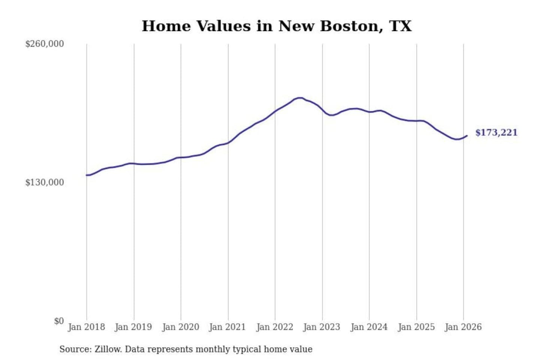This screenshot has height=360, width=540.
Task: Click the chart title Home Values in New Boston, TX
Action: pyautogui.click(x=276, y=26)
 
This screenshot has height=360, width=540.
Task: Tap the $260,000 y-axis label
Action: pyautogui.click(x=45, y=44)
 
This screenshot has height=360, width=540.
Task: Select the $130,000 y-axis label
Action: pyautogui.click(x=45, y=183)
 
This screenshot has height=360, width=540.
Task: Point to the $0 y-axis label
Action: pyautogui.click(x=58, y=321)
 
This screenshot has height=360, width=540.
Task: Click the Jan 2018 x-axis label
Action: pyautogui.click(x=86, y=327)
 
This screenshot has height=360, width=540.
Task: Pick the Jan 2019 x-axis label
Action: pyautogui.click(x=133, y=327)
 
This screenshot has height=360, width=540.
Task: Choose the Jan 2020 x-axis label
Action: pyautogui.click(x=180, y=327)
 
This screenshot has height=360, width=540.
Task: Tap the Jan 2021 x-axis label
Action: pyautogui.click(x=227, y=327)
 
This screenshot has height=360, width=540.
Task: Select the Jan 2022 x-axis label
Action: pyautogui.click(x=274, y=327)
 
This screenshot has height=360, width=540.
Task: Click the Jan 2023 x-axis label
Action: pyautogui.click(x=321, y=327)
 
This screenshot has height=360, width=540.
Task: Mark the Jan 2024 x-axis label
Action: pyautogui.click(x=369, y=327)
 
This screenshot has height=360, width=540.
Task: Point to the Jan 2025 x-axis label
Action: pyautogui.click(x=416, y=327)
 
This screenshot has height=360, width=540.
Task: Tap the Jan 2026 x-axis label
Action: pyautogui.click(x=463, y=327)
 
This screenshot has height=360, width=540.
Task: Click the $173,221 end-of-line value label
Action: pyautogui.click(x=496, y=133)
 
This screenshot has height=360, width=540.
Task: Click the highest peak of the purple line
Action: pyautogui.click(x=299, y=98)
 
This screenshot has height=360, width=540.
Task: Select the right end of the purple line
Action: pyautogui.click(x=466, y=136)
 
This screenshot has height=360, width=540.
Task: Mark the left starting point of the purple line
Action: pyautogui.click(x=87, y=175)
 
